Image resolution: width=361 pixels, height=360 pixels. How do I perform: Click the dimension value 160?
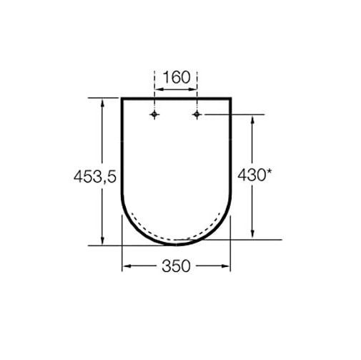[177, 77]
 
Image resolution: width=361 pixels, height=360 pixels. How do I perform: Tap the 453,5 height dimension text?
[95, 177]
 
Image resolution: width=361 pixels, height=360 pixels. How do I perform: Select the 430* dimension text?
[254, 175]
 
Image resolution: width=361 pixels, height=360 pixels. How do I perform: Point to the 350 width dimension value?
[177, 266]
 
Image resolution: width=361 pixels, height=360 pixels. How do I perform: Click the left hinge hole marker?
[154, 115]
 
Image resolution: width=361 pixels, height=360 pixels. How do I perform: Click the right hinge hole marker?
[197, 115]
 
